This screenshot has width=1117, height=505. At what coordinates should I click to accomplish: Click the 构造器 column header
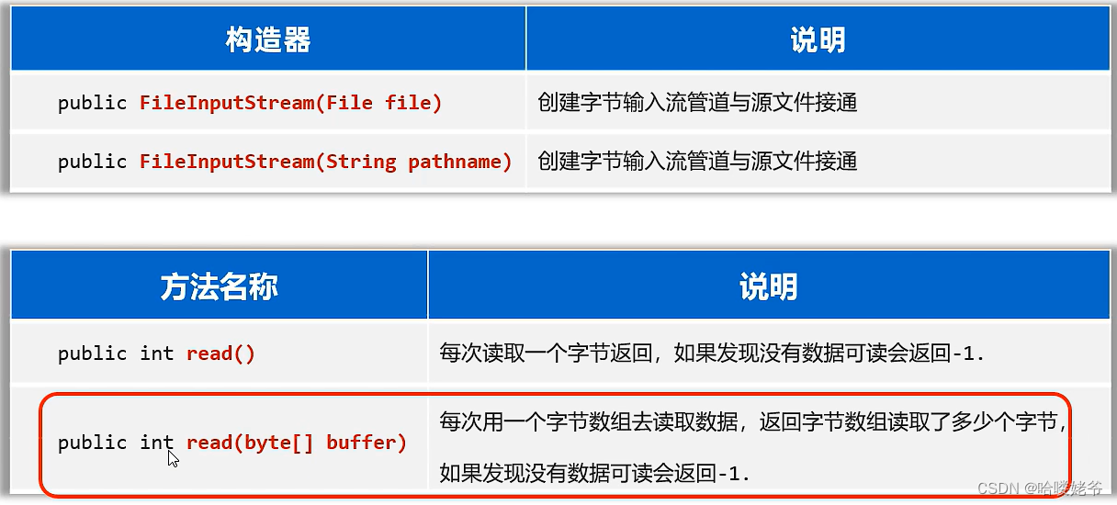[x=267, y=39]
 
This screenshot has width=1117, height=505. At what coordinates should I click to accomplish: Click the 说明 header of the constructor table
[x=817, y=39]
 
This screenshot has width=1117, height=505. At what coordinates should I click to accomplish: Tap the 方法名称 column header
[x=219, y=287]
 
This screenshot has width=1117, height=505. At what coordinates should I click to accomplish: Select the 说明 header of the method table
[x=768, y=287]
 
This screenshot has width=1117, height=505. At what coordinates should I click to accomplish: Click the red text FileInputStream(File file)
[x=290, y=103]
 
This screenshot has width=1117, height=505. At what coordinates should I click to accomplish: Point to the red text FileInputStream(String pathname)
[x=325, y=162]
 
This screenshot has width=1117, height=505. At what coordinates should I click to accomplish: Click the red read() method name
[x=220, y=353]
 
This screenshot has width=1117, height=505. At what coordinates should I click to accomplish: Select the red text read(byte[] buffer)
[x=296, y=443]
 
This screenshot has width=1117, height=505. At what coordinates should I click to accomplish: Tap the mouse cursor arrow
[x=173, y=457]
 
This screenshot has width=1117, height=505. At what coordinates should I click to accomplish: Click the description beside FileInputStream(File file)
[x=697, y=103]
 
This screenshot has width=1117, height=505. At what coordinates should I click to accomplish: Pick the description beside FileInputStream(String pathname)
[x=697, y=162]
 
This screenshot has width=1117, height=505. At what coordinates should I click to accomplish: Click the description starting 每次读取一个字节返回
[x=712, y=353]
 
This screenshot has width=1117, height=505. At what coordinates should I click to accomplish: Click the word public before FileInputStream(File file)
[x=92, y=103]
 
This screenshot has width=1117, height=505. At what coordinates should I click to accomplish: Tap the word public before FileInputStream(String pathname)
[x=92, y=162]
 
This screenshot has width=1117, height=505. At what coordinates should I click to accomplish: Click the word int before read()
[x=157, y=353]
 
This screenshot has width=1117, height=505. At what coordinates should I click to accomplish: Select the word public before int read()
[x=92, y=353]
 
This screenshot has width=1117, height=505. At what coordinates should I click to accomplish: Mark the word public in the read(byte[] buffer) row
[x=92, y=443]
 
